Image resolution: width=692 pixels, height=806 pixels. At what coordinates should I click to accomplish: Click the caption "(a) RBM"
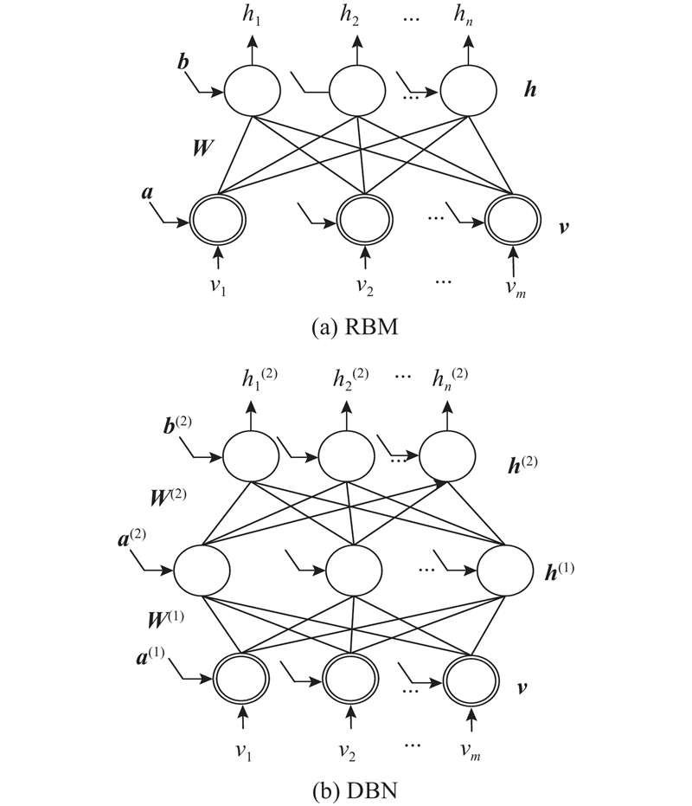[x=355, y=327]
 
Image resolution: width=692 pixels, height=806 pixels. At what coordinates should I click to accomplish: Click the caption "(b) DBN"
[x=355, y=790]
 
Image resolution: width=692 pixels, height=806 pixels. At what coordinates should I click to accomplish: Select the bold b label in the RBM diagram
[x=183, y=61]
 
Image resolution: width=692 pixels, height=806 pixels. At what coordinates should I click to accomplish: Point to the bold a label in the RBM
[x=147, y=193]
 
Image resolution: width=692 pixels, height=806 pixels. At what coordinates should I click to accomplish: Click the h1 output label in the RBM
[x=251, y=15]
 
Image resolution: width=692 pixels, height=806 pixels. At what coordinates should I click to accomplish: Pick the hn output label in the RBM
[x=463, y=15]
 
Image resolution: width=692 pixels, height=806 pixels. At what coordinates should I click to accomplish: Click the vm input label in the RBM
[x=516, y=287]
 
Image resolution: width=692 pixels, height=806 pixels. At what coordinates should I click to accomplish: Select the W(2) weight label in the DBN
[x=169, y=497]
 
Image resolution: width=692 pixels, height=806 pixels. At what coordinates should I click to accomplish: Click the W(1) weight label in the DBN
[x=165, y=618]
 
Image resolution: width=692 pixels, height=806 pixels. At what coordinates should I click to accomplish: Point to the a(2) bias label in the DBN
[x=132, y=538]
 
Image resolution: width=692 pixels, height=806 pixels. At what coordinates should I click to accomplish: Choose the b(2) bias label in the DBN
[x=177, y=425]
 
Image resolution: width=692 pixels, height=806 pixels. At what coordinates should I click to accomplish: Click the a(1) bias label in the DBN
[x=151, y=656]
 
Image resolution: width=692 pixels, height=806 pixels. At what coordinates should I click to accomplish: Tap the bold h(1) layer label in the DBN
[x=560, y=571]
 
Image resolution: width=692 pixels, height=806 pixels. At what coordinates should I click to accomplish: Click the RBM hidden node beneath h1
[x=252, y=91]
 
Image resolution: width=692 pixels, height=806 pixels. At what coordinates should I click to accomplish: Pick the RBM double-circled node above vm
[x=513, y=220]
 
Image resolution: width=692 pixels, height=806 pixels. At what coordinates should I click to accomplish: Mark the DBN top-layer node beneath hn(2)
[x=447, y=456]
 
